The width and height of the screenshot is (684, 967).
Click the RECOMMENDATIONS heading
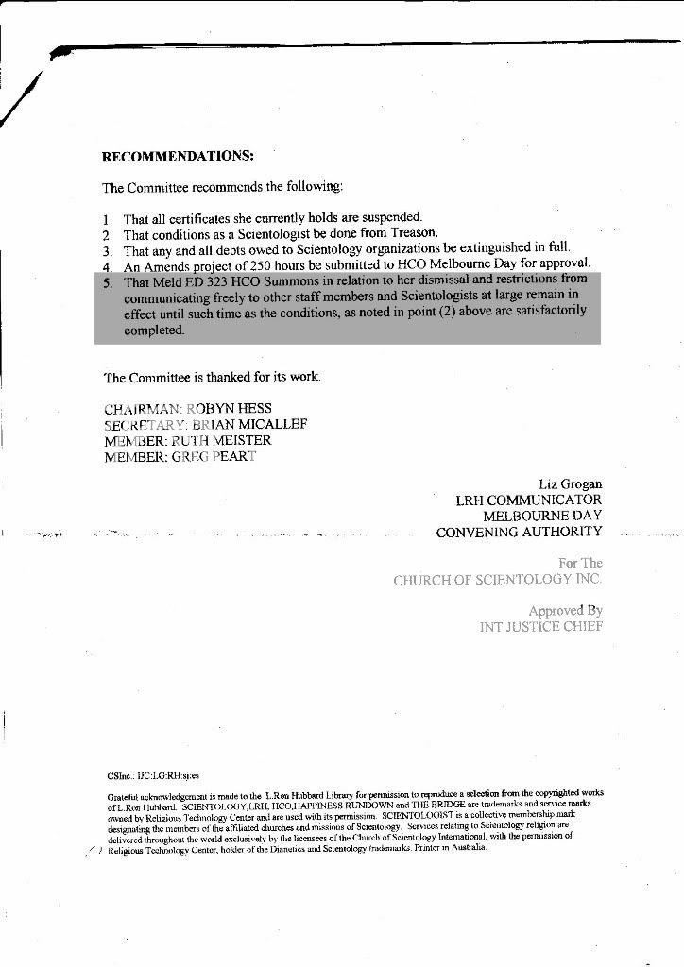click(177, 155)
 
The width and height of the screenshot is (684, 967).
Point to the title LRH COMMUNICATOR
click(528, 500)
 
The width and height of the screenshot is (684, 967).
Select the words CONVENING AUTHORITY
click(519, 533)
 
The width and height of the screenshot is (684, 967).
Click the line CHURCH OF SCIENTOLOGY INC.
click(497, 580)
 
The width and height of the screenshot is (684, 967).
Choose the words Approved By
click(565, 611)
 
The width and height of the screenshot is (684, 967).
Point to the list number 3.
click(108, 250)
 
